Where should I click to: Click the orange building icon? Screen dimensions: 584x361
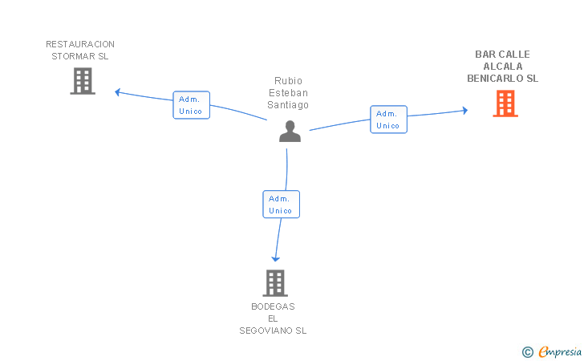pos(505,103)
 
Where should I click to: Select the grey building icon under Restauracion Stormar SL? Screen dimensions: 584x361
pos(83,81)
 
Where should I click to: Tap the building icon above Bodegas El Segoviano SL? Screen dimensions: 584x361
pos(275,283)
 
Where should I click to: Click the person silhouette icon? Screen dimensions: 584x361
pos(290,131)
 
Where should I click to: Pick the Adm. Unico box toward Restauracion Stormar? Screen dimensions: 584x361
pos(192,105)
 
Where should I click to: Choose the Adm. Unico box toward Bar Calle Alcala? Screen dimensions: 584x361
pos(388,120)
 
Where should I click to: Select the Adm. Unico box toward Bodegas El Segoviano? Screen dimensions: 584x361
pos(282,204)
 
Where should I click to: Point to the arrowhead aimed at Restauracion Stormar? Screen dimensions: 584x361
pos(117,92)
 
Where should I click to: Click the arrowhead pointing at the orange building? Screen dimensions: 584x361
pos(464,110)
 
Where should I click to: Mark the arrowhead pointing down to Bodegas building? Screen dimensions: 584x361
pos(276,259)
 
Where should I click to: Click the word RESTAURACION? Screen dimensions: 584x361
pos(80,44)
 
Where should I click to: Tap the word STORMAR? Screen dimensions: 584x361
pos(73,56)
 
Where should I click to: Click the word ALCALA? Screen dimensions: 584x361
pos(503,67)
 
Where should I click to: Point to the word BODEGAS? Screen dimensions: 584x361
pos(273,306)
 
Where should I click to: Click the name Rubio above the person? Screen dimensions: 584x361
pos(288,81)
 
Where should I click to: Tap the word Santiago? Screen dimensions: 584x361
pos(288,105)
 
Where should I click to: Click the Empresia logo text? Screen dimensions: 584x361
pos(560,351)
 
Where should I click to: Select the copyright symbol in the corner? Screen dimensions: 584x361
pos(528,352)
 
